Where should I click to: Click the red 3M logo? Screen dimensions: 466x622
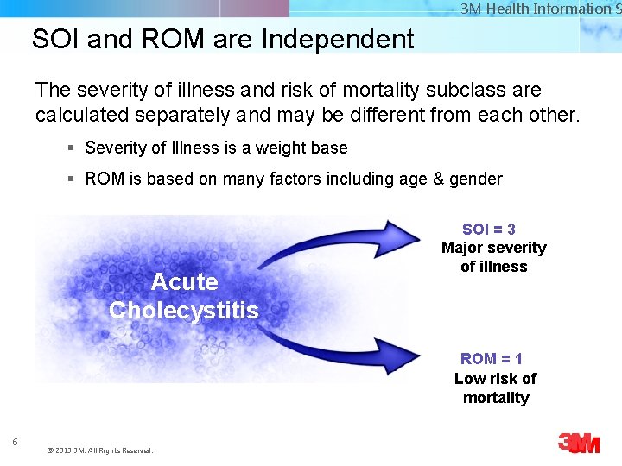click(578, 443)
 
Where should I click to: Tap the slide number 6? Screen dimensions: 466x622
click(15, 443)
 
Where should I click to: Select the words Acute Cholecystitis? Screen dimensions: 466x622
click(184, 295)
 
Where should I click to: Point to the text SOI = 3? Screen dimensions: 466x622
click(489, 229)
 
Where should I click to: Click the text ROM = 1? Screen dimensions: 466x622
click(492, 358)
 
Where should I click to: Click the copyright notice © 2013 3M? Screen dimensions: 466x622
click(99, 450)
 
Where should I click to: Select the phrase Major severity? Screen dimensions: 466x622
click(494, 248)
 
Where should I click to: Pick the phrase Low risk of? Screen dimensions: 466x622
click(495, 378)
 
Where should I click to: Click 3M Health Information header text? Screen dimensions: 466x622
click(536, 9)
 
